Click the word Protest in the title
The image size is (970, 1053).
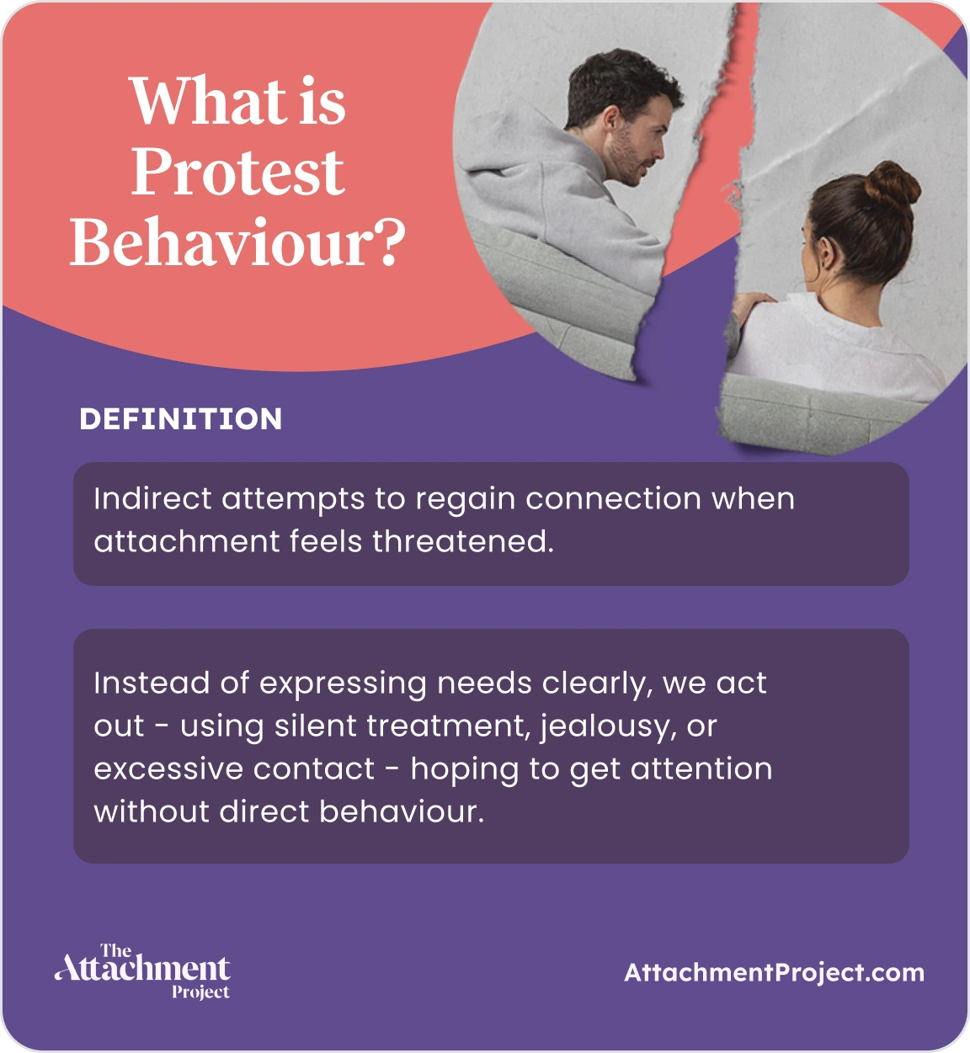(237, 173)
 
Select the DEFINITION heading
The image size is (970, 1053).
(181, 419)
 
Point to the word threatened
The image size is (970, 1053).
(463, 541)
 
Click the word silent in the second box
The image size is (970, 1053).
(316, 726)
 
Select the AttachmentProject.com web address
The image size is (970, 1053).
(774, 973)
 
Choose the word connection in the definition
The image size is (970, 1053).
(613, 498)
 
